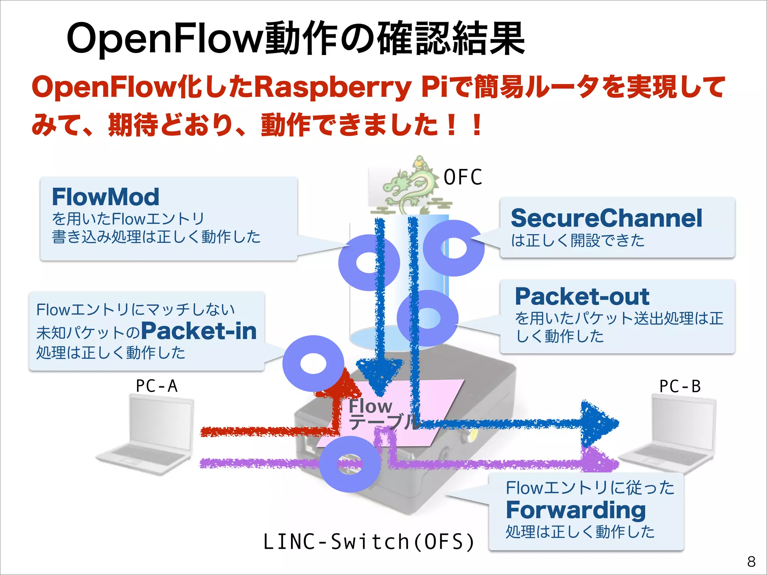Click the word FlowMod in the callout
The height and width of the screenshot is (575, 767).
[x=106, y=197]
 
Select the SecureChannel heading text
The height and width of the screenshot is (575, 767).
[x=606, y=218]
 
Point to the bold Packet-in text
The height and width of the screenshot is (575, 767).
[x=198, y=331]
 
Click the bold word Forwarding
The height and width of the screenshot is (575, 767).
[x=576, y=510]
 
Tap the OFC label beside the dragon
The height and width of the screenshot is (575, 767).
[x=463, y=177]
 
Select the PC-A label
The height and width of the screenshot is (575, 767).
[x=157, y=386]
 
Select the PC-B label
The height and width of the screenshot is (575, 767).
[x=680, y=386]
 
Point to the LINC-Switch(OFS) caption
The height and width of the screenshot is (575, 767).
[x=369, y=542]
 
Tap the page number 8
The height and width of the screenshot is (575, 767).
[x=751, y=562]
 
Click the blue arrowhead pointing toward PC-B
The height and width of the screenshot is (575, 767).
[x=599, y=423]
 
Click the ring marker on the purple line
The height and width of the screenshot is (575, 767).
[x=350, y=464]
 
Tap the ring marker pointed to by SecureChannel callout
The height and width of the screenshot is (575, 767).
[x=454, y=248]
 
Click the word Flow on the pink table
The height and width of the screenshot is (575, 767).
[x=370, y=407]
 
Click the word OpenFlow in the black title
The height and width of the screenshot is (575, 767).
[x=165, y=39]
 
